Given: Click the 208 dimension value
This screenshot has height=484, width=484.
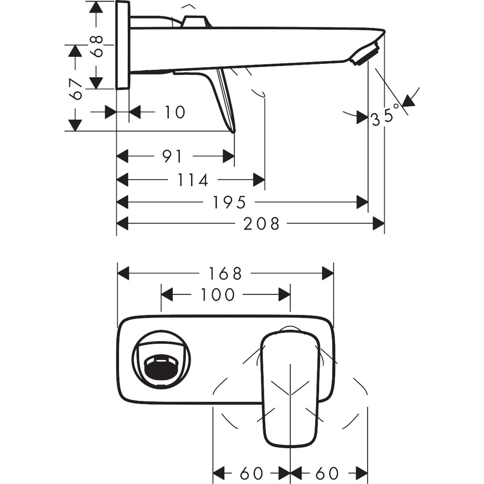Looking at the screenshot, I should click(x=261, y=224).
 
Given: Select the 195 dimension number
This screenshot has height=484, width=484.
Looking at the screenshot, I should click(x=229, y=202).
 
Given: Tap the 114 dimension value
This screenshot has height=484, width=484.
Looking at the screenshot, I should click(x=193, y=180).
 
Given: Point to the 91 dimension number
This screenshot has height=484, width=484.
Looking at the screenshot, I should click(x=172, y=156).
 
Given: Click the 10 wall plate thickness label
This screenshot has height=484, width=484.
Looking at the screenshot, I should click(x=174, y=112).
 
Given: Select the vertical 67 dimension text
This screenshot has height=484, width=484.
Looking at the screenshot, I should click(x=76, y=89).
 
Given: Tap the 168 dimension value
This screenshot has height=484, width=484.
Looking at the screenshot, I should click(x=225, y=273).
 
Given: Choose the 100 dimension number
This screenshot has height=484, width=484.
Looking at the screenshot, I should click(x=217, y=294).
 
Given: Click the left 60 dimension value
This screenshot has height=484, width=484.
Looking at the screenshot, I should click(x=251, y=473).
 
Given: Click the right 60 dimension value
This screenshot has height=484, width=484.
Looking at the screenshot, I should click(x=327, y=473).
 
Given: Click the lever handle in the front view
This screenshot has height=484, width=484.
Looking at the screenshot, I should click(x=290, y=387).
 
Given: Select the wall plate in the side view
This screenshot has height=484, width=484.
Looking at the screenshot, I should click(x=123, y=45).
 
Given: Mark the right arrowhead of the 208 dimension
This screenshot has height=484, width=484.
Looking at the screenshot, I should click(x=378, y=224).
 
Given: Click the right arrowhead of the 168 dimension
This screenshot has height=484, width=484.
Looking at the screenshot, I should click(x=328, y=273).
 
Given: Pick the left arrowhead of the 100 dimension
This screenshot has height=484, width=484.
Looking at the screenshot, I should click(x=167, y=294).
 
